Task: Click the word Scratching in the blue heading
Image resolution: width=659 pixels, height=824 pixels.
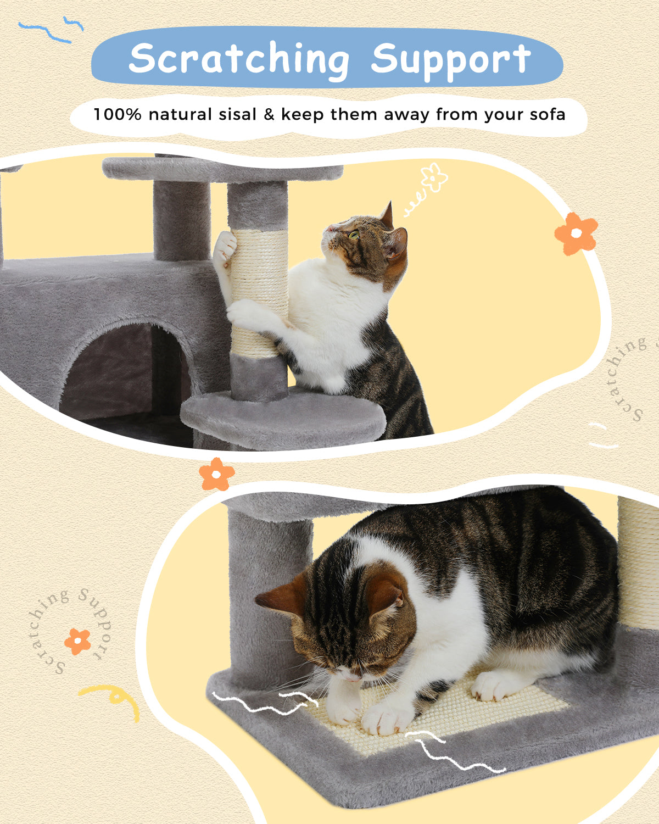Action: pos(238,59)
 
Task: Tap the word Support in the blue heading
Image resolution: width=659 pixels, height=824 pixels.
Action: pos(450,59)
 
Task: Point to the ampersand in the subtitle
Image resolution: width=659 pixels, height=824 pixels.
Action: pos(269,114)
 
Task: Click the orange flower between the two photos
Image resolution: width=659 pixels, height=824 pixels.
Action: pos(216,474)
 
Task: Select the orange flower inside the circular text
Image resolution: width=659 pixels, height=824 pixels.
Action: pos(77,641)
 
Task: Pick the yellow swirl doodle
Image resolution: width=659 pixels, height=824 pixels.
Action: pos(113,698)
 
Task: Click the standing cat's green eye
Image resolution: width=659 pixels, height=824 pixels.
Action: pos(354,235)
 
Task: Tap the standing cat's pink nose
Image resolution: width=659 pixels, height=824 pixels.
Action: pos(330,227)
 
